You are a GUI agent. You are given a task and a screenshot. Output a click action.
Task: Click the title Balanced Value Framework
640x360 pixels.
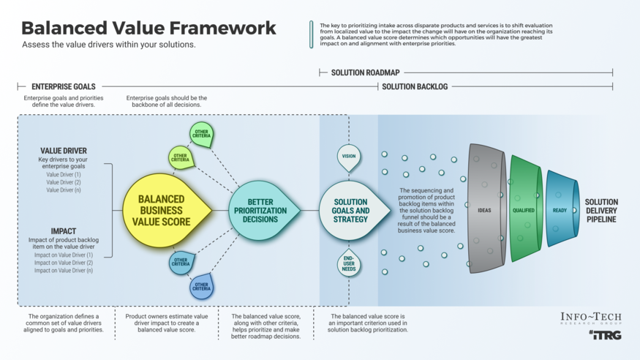click(148, 28)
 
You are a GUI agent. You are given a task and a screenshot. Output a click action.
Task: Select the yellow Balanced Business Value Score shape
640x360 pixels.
click(163, 211)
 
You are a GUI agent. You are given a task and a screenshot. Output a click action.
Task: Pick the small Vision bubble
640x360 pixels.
click(349, 157)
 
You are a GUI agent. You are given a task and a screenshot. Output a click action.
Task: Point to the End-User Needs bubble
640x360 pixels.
click(349, 263)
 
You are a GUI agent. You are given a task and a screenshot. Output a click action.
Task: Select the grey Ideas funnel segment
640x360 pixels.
click(485, 211)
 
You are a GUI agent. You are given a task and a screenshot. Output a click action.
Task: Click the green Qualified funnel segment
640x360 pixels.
click(524, 211)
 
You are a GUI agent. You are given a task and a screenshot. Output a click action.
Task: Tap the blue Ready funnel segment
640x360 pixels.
click(560, 211)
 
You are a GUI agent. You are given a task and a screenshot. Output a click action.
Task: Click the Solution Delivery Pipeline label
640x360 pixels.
click(601, 211)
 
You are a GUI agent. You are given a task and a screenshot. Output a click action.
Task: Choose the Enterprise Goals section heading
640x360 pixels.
click(63, 86)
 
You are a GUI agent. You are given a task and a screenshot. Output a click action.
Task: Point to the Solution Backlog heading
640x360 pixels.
click(415, 86)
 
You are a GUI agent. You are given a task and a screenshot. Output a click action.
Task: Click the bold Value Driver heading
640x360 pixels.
click(64, 151)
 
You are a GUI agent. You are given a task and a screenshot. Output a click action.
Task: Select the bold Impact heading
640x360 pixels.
click(63, 231)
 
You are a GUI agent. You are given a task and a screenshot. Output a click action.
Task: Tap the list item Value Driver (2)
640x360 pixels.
click(64, 182)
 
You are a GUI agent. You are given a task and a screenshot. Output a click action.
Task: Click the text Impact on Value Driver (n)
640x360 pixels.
click(64, 271)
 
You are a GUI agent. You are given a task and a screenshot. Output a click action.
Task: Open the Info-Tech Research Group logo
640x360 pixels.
click(590, 318)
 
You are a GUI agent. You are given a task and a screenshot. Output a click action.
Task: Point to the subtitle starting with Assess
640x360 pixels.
click(108, 45)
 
